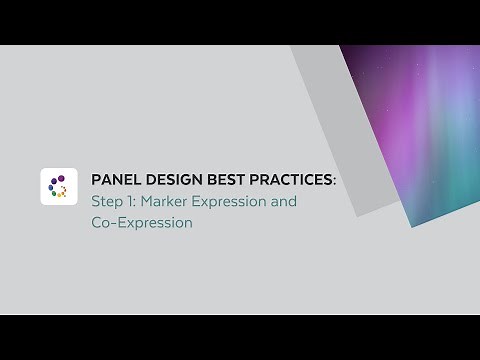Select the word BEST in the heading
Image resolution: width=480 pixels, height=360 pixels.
[224, 180]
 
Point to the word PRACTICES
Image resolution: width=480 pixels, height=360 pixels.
[291, 180]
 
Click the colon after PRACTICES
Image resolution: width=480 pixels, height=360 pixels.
[336, 181]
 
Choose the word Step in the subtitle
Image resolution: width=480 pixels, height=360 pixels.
[107, 201]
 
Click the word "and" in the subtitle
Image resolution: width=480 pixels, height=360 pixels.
[285, 201]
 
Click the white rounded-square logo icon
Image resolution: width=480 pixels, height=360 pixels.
[59, 186]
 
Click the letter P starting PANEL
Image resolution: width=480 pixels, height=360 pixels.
[96, 180]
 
